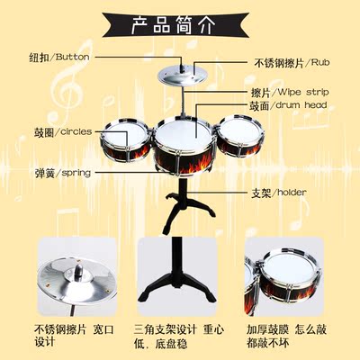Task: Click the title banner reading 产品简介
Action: [175, 25]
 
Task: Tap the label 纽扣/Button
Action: [59, 57]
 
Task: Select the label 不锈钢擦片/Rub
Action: [292, 63]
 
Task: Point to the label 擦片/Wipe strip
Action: [290, 93]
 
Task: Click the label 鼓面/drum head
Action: [288, 105]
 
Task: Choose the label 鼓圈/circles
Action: [63, 131]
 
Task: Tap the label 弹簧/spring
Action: [63, 173]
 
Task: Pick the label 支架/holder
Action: [279, 193]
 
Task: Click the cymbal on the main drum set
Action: [182, 76]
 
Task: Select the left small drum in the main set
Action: [125, 139]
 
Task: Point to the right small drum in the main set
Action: [240, 136]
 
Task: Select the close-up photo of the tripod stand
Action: [176, 276]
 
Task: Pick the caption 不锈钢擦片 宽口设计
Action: [74, 336]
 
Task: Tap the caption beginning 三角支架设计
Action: [179, 337]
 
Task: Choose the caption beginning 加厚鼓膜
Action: [286, 336]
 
